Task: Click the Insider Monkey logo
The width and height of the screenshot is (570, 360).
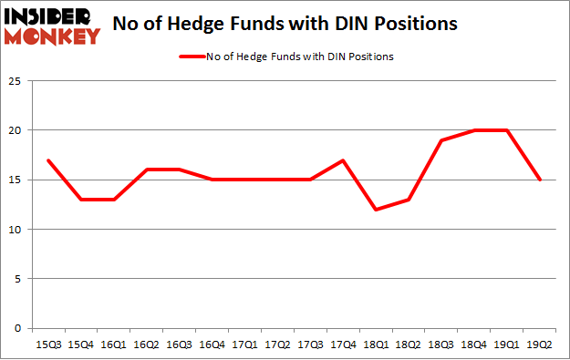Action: [52, 25]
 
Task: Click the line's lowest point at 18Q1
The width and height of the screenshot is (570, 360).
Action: [376, 210]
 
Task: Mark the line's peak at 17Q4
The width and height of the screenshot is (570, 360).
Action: [343, 160]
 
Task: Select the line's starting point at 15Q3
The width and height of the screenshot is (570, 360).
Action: [47, 160]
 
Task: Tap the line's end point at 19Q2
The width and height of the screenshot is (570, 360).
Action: [540, 180]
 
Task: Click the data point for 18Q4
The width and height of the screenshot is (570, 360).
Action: [474, 130]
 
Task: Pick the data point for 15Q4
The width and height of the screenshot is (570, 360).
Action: [80, 200]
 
